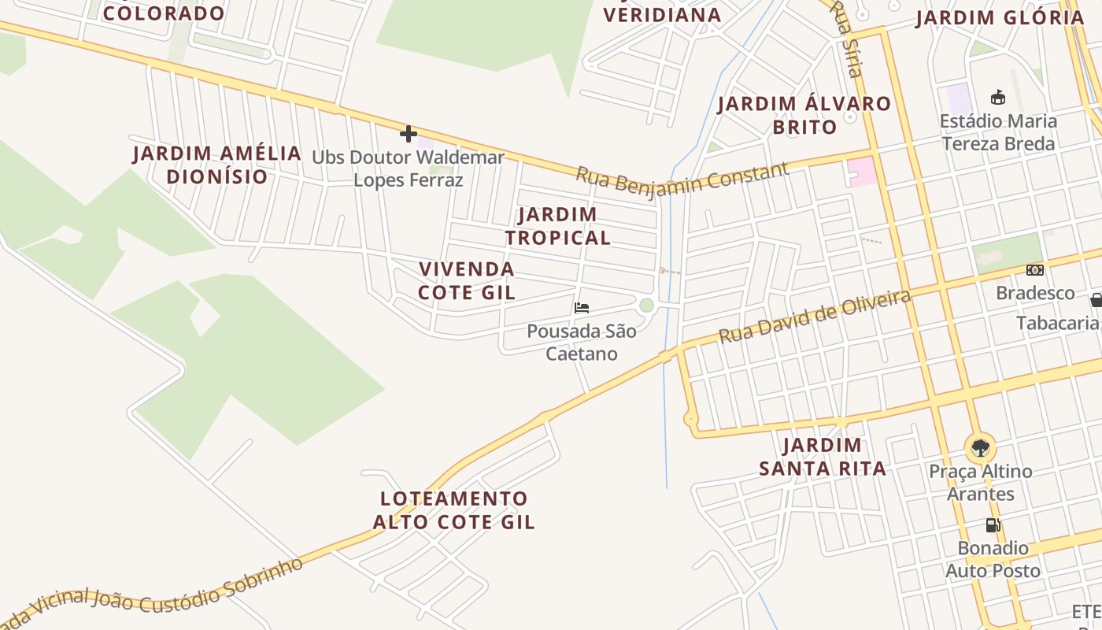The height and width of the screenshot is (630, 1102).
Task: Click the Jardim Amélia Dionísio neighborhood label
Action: tap(216, 165)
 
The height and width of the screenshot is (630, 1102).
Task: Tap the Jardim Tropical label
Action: tap(557, 226)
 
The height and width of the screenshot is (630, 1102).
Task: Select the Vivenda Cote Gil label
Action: tap(466, 281)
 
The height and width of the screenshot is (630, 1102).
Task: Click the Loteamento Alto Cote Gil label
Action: tap(453, 510)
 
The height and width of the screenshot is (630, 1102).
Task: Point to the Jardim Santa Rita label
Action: tap(823, 458)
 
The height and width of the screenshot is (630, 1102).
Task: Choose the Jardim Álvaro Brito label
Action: tap(804, 115)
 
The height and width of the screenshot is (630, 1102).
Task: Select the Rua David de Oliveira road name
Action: tap(815, 317)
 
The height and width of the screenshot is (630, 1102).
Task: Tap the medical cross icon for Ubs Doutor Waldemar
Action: tap(408, 133)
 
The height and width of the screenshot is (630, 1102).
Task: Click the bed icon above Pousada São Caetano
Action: tap(582, 308)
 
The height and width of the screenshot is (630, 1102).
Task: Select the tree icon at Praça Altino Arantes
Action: tap(980, 448)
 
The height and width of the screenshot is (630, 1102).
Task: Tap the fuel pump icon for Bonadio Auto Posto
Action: tap(993, 525)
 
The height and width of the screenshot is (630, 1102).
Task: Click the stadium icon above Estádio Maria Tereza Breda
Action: tap(998, 98)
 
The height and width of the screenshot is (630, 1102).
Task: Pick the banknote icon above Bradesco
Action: tap(1035, 270)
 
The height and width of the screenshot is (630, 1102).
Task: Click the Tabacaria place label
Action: tap(1056, 323)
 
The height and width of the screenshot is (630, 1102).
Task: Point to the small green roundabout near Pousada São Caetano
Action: tap(646, 306)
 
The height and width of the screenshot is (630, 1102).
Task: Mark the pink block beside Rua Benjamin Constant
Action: tap(862, 172)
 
